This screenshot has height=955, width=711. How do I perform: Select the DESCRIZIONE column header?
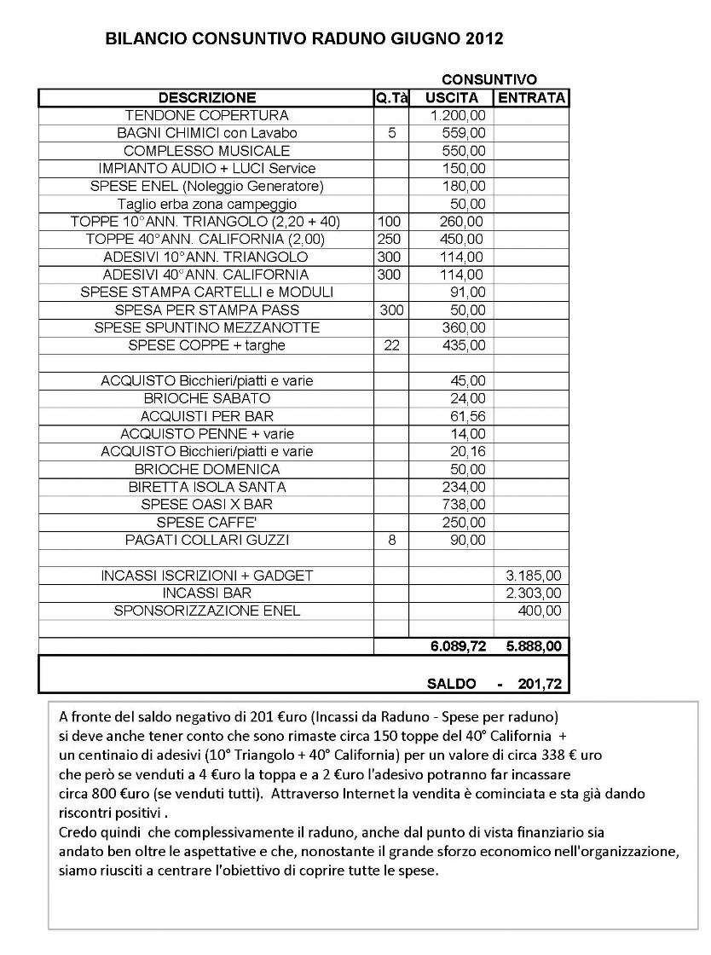[206, 97]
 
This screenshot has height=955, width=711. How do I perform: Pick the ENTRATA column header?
[532, 97]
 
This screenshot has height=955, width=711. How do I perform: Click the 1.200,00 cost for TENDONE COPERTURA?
[458, 115]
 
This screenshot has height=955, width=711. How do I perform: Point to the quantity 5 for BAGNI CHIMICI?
[391, 133]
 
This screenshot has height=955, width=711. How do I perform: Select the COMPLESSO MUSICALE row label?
[206, 151]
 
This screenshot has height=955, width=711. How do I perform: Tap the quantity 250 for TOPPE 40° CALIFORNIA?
[389, 240]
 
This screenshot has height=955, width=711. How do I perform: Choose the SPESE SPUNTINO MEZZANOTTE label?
[206, 327]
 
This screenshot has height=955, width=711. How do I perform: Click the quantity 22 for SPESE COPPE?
[391, 345]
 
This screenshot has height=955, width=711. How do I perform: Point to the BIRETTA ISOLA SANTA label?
[206, 487]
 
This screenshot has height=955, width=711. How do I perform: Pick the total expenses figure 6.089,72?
[458, 647]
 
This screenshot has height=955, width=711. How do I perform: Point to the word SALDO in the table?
[454, 684]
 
